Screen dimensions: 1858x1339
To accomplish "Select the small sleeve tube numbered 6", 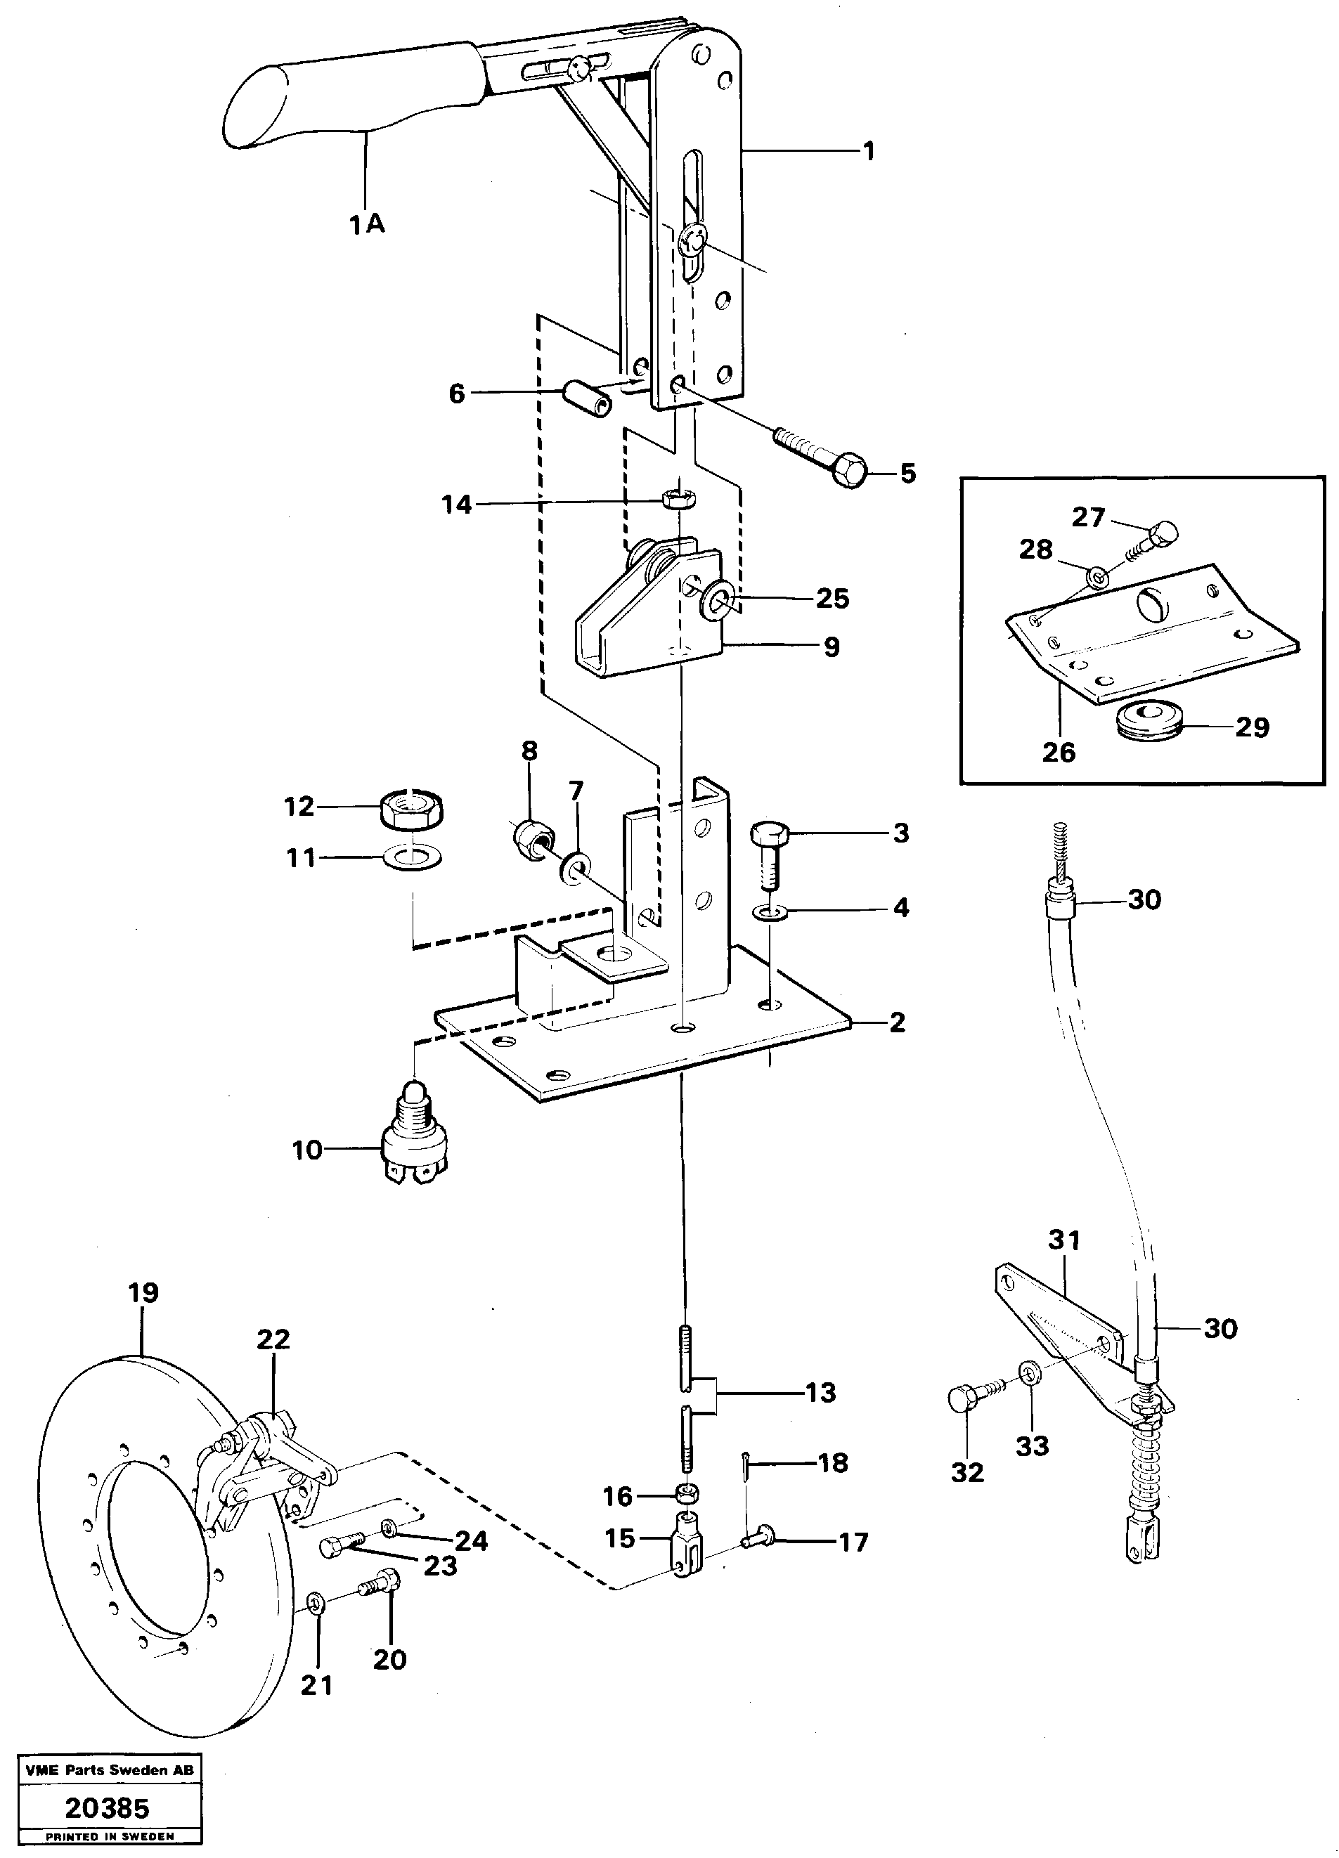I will click(587, 397).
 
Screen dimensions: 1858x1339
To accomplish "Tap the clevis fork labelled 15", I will click(687, 1546).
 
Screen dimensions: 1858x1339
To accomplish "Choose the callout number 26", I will click(1058, 752).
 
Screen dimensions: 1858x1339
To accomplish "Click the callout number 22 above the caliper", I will click(273, 1339).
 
